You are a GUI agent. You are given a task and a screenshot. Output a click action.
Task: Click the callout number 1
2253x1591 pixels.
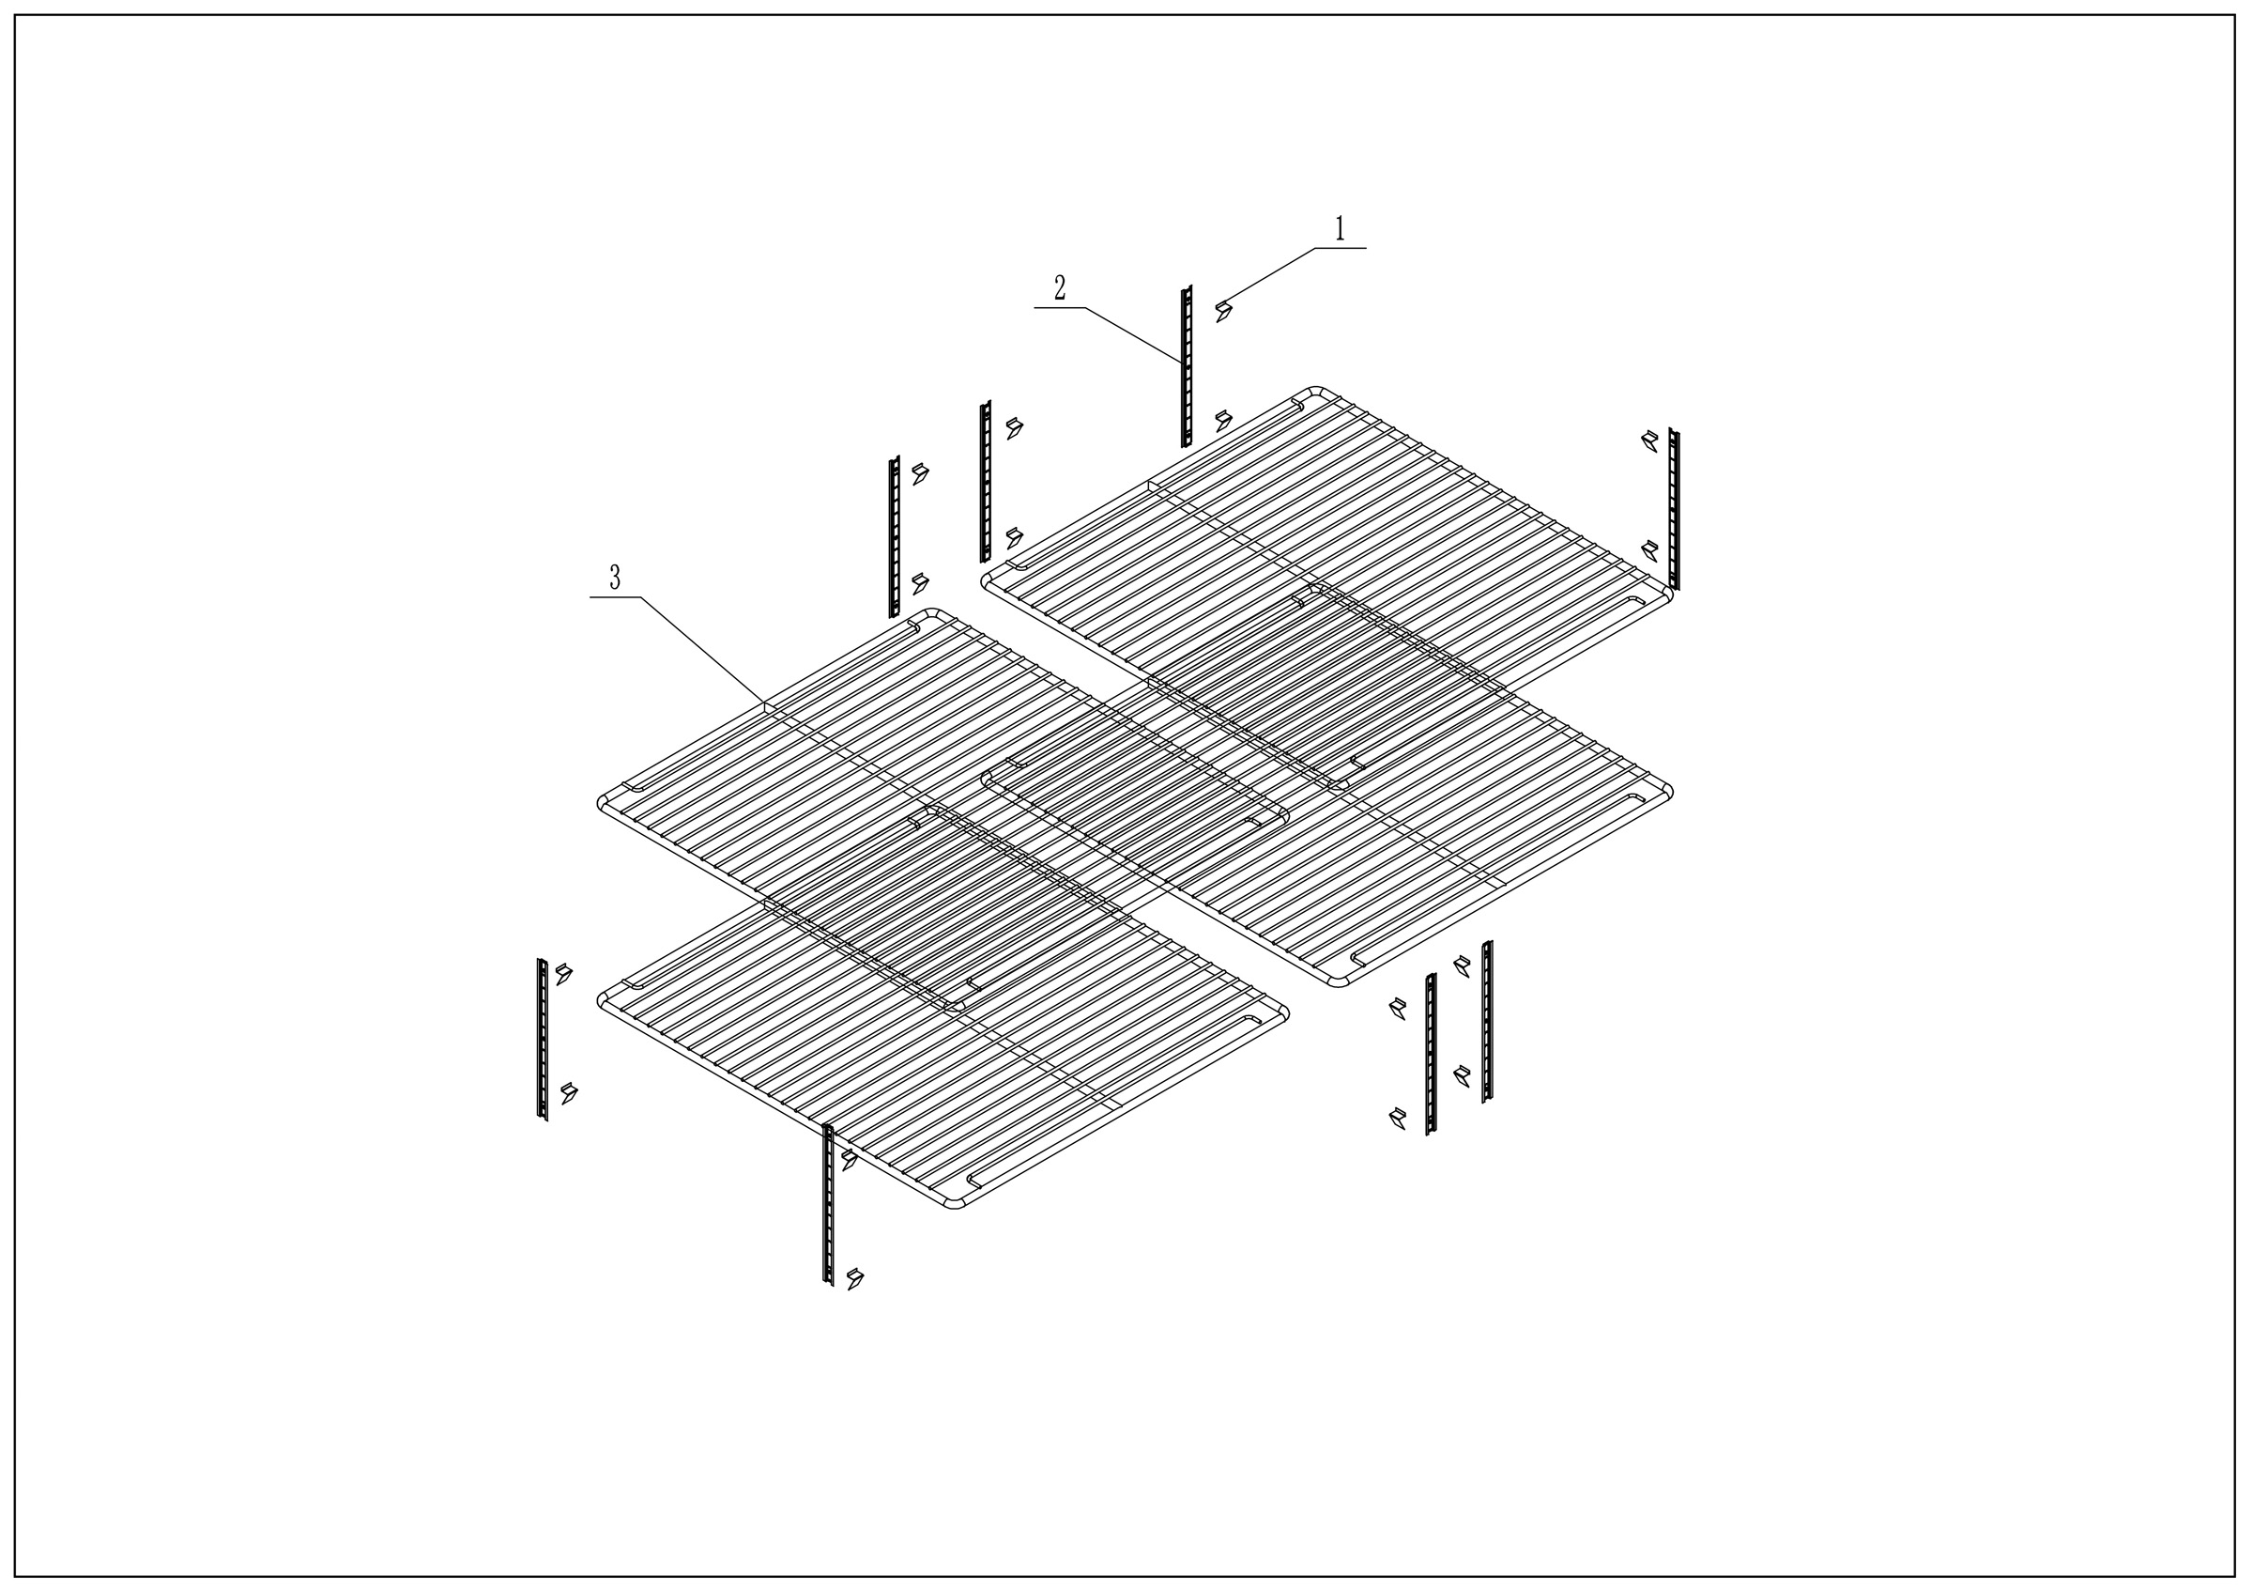click(1340, 230)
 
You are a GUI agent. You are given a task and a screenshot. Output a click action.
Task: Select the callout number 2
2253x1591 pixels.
click(1060, 288)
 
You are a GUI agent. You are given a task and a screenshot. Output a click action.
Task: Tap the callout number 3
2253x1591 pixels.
click(615, 579)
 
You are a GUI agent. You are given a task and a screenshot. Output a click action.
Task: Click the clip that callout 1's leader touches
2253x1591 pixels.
click(1222, 311)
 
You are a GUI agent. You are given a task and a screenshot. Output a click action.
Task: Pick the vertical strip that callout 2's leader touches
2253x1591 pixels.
click(1187, 366)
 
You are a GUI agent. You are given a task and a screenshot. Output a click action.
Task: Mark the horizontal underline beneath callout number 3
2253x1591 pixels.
click(615, 596)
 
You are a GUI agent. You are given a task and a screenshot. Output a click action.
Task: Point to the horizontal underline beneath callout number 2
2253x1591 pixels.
click(1060, 308)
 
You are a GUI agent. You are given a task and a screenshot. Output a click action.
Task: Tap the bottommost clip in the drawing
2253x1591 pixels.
click(855, 1278)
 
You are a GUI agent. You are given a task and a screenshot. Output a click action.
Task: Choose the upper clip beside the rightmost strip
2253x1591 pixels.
click(1650, 440)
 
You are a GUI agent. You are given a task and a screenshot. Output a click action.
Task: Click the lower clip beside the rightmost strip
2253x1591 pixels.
click(1650, 549)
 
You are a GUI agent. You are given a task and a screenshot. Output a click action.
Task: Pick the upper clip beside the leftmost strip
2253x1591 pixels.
click(564, 974)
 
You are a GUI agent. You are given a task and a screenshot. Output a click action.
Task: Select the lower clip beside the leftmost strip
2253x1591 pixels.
click(568, 1093)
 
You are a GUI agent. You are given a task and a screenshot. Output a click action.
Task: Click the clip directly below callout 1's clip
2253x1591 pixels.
click(1222, 421)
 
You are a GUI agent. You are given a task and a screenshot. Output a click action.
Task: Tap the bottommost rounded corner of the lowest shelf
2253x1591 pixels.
click(954, 1206)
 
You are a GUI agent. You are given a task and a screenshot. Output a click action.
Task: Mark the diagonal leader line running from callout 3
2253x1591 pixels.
click(702, 649)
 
